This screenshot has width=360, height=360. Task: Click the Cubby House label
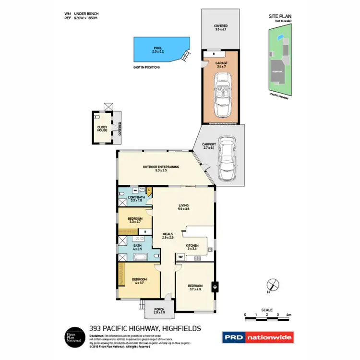[x=102, y=129]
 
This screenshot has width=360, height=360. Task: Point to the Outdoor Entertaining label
[x=161, y=168]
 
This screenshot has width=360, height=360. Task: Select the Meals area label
[x=167, y=236]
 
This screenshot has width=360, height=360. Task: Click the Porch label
[x=159, y=310]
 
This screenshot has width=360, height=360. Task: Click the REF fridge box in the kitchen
[x=181, y=257]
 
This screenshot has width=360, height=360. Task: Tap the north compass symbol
[x=272, y=285]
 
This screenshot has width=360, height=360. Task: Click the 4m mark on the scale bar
[x=288, y=315]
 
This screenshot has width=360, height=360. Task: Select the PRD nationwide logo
[x=257, y=337]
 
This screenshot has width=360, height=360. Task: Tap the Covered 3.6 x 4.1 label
[x=221, y=28]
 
